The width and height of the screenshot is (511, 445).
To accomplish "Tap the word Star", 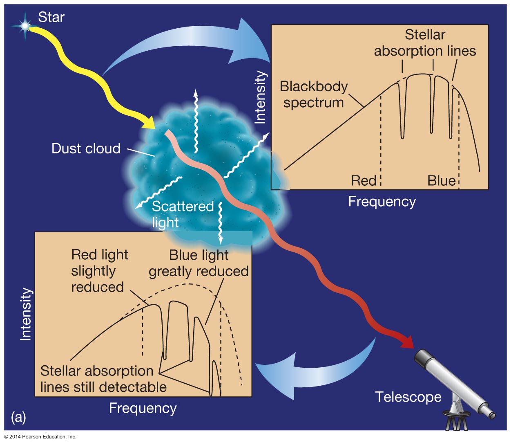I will [51, 17].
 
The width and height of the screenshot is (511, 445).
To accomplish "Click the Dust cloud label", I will [86, 148].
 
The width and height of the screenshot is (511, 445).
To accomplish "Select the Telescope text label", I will [408, 397].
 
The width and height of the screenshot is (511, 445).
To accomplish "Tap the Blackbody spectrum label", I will [314, 94].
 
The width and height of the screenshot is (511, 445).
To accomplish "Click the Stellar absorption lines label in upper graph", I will [425, 43].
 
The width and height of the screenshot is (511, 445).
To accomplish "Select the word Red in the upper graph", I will [364, 181].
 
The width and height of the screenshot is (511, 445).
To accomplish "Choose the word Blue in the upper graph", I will [441, 181].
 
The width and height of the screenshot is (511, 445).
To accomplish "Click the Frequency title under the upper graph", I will [382, 202].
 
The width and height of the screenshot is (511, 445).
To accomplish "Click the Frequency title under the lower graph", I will [143, 408].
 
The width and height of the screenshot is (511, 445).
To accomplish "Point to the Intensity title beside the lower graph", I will [26, 314].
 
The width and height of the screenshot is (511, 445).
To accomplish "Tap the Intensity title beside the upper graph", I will [260, 97].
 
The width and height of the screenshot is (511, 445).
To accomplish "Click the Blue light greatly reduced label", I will [199, 263].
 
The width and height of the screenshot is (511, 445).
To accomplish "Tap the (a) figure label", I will [18, 417].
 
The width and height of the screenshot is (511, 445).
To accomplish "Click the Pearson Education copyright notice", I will [40, 437].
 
